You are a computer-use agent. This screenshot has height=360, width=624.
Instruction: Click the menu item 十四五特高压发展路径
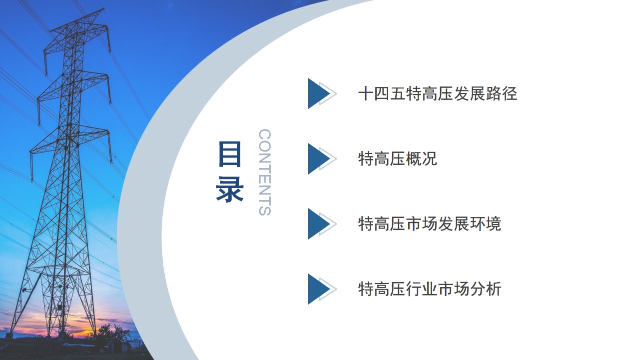click(x=438, y=93)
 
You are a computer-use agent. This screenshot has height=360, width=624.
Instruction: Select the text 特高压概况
click(x=398, y=158)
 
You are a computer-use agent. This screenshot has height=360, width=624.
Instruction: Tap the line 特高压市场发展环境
click(x=430, y=223)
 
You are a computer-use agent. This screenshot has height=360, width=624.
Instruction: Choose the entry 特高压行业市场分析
click(x=430, y=288)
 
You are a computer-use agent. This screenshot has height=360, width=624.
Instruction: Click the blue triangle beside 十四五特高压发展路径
click(x=318, y=93)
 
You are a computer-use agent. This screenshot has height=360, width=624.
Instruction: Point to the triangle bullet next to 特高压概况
click(x=318, y=158)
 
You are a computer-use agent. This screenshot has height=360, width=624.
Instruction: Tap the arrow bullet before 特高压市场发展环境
click(x=318, y=223)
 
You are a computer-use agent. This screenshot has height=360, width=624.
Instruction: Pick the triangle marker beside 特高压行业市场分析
click(x=318, y=289)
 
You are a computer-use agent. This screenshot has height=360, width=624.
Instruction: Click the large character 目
click(x=229, y=154)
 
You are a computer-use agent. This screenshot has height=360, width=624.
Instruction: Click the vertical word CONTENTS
click(x=265, y=172)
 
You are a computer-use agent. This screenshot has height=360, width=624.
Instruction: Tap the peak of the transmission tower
click(x=103, y=9)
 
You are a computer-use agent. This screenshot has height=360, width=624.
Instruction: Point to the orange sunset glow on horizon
click(x=83, y=332)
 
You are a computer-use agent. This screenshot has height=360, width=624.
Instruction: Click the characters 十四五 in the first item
click(x=382, y=93)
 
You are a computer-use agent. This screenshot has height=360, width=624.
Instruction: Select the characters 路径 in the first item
click(x=502, y=93)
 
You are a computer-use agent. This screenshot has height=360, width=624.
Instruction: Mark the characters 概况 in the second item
click(x=422, y=158)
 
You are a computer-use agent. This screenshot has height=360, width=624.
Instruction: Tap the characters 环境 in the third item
click(x=486, y=223)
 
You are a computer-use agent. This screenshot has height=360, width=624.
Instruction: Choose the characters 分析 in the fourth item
click(x=486, y=288)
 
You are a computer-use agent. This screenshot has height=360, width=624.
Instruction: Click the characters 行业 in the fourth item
click(x=422, y=288)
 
